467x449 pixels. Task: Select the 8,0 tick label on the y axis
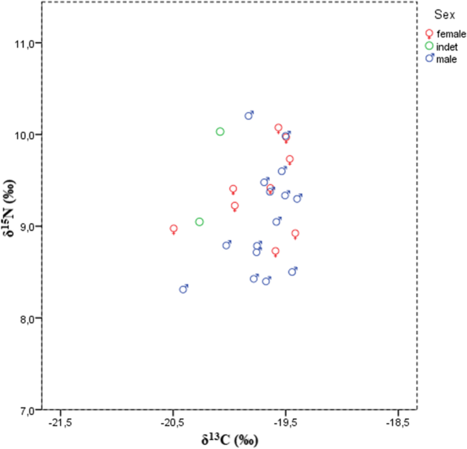[27, 318]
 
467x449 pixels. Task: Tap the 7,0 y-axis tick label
[27, 410]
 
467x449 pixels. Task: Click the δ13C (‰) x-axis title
[230, 440]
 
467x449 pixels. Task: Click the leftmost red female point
[174, 229]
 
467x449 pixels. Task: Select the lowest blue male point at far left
[183, 289]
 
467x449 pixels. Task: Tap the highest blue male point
[249, 115]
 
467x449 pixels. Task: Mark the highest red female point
[278, 128]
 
